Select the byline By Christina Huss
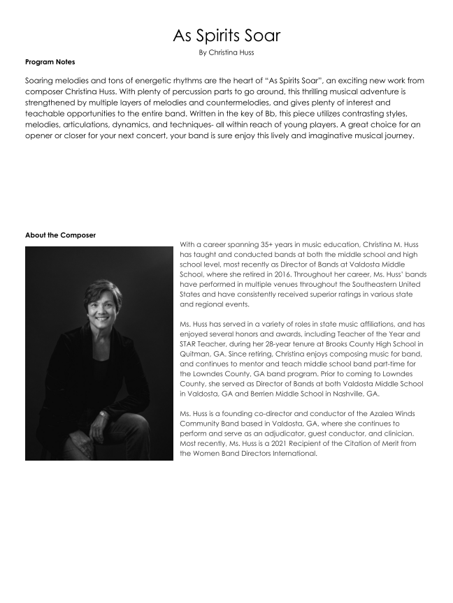tap(226, 52)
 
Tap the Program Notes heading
tap(50, 63)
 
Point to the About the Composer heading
tap(60, 235)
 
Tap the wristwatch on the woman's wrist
tap(104, 414)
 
